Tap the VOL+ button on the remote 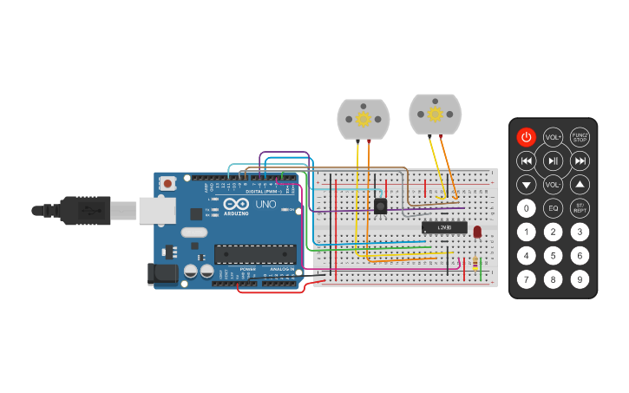tap(553, 137)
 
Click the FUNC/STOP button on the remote tap(580, 137)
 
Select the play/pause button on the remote tap(553, 160)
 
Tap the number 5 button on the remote tap(553, 256)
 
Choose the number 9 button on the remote tap(580, 279)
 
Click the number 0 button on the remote tap(526, 208)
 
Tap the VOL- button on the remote tap(553, 184)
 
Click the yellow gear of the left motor tap(364, 119)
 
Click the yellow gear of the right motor tap(436, 114)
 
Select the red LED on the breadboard tap(477, 231)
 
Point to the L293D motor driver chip tap(444, 227)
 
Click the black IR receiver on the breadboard tap(380, 206)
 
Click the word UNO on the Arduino tap(265, 206)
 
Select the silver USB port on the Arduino tap(157, 210)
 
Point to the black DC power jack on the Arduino tap(162, 274)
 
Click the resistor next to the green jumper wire tap(474, 262)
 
